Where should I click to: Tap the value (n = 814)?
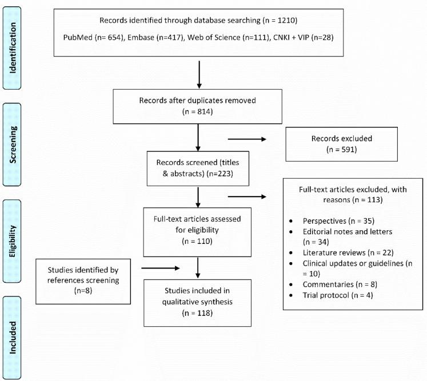pyautogui.click(x=197, y=112)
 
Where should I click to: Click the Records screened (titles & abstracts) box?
pyautogui.click(x=197, y=168)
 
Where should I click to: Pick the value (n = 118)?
pyautogui.click(x=197, y=313)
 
